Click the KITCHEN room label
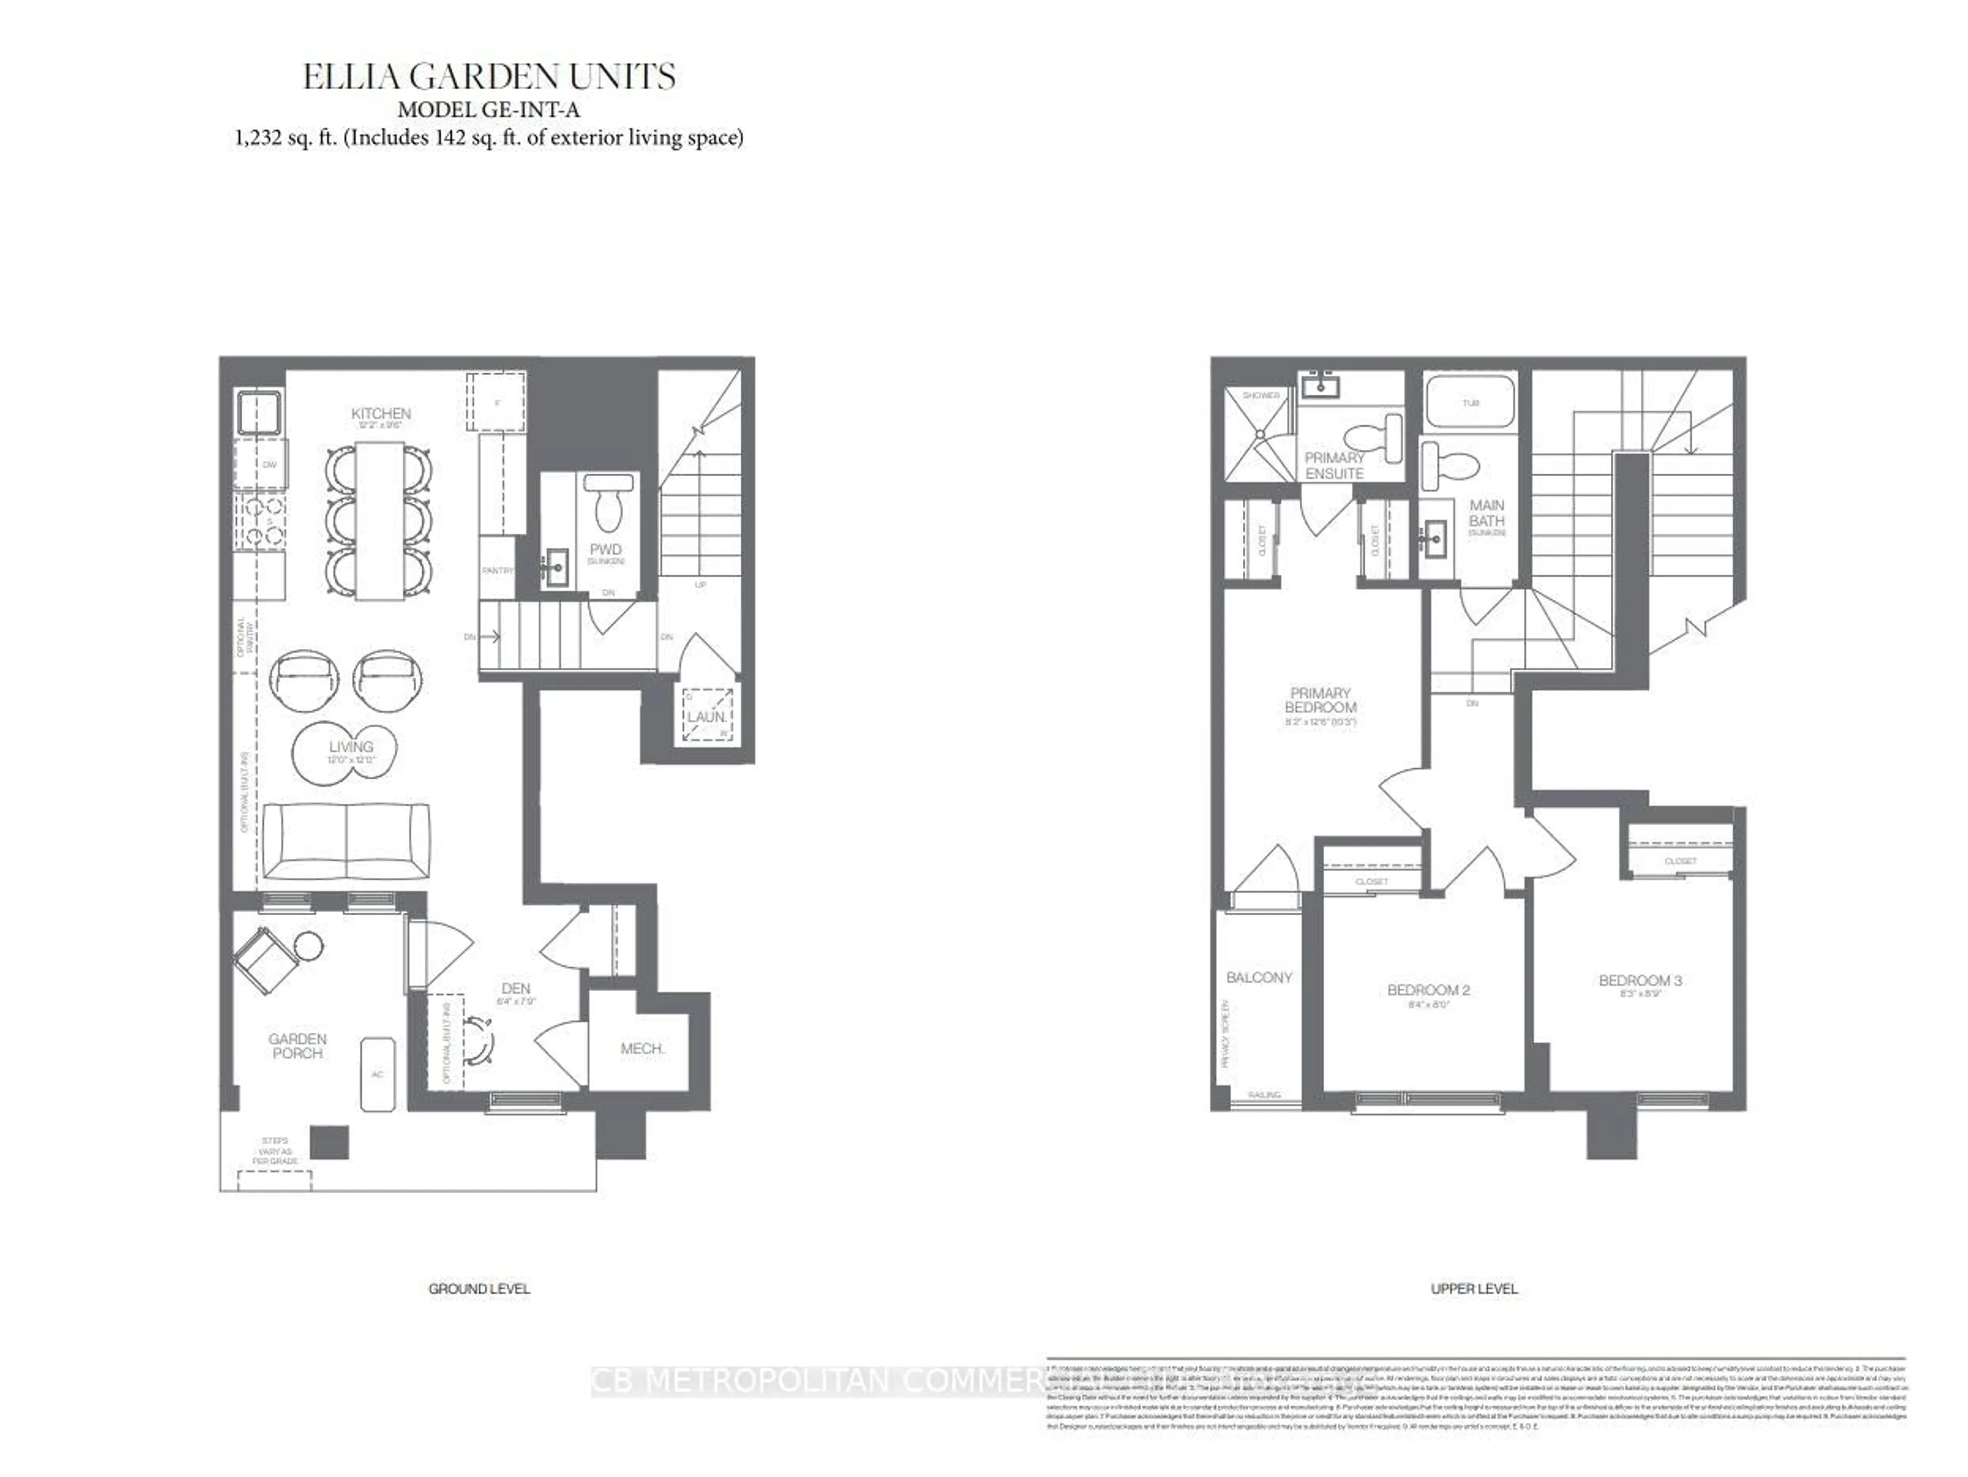tap(381, 414)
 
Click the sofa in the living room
tap(346, 842)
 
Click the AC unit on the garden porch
tap(377, 1074)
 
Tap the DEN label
tap(516, 989)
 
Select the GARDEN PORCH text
tap(298, 1045)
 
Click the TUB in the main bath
tap(1470, 403)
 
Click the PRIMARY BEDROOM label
tap(1320, 700)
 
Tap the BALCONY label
tap(1259, 977)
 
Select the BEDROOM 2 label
tap(1428, 990)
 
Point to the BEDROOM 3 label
tap(1639, 980)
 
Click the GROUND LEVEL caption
tap(479, 1288)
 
